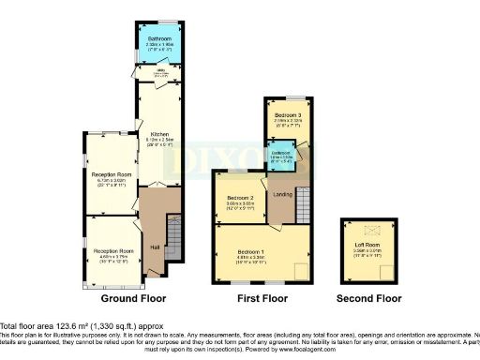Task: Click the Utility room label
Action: click(146, 74)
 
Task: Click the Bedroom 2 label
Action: click(241, 198)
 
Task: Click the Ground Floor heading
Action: click(133, 299)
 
